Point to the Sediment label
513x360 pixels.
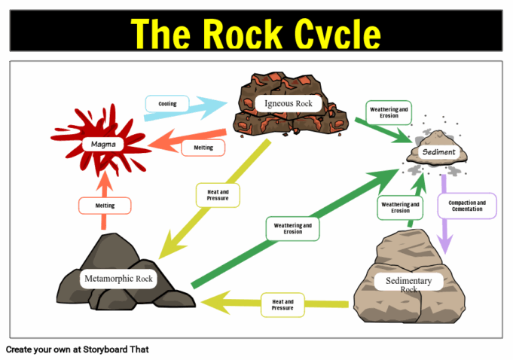[438, 151]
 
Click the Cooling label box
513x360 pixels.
[168, 103]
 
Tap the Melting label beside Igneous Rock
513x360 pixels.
[203, 147]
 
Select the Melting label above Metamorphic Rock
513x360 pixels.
[105, 205]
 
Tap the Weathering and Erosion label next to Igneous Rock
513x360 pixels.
[389, 113]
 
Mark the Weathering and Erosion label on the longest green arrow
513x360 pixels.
[293, 228]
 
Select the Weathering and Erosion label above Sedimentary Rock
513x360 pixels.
[400, 207]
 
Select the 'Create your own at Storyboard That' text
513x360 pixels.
[78, 349]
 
